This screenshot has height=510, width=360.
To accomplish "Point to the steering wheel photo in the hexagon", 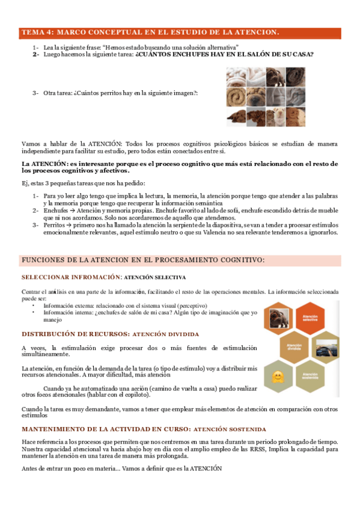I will pos(326,349).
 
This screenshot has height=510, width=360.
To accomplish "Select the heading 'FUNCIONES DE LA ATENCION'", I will pos(143,260).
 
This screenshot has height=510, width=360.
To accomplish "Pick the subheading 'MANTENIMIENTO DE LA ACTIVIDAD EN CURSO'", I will pos(105,429).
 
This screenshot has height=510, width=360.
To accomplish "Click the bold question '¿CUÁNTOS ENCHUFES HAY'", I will pos(224,54).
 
